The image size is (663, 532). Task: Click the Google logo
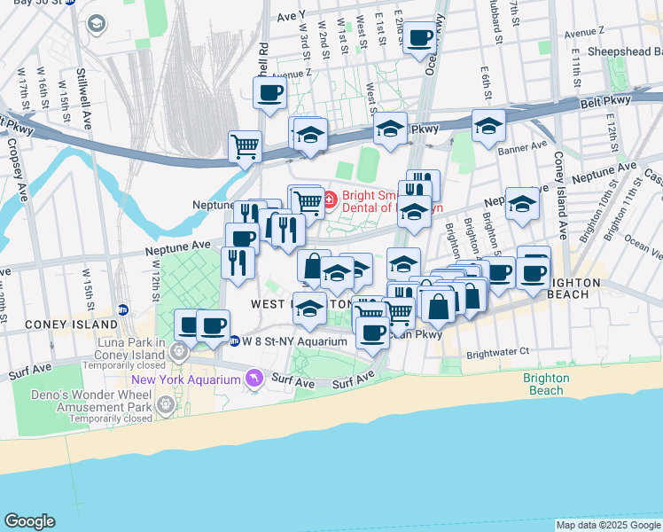29,521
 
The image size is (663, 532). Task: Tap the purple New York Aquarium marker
254,379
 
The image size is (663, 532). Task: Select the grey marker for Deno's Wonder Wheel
166,404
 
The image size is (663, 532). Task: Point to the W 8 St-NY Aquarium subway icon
234,340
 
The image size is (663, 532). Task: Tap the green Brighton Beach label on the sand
542,384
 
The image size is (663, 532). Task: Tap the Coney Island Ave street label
560,195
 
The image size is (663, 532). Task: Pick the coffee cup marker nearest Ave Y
420,38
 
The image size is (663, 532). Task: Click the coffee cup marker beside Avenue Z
269,92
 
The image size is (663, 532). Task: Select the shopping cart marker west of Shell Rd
245,146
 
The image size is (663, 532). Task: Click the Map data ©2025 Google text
607,525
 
